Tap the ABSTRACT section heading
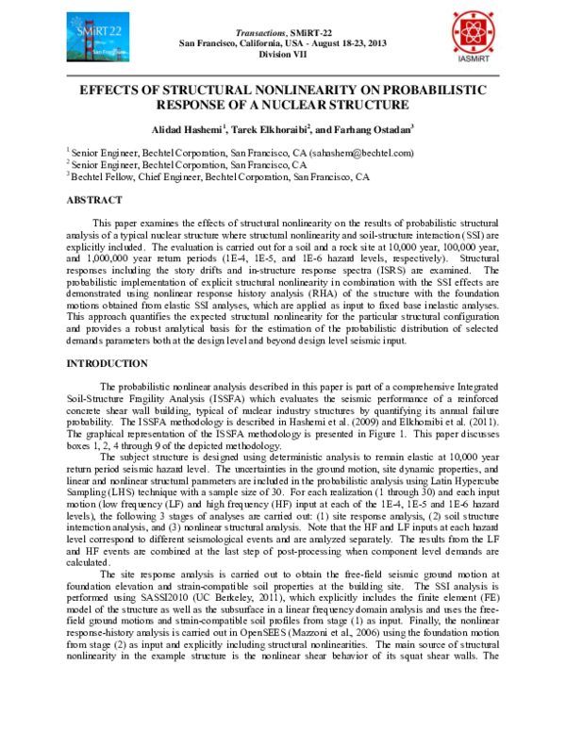93,201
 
